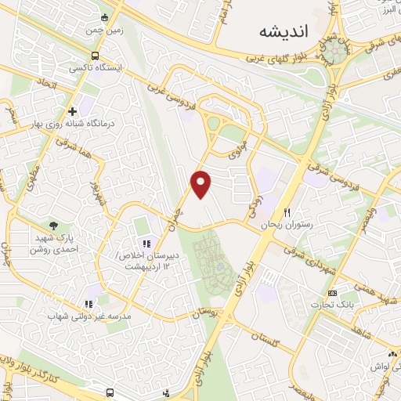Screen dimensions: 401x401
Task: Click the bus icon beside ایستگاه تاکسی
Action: pos(95,56)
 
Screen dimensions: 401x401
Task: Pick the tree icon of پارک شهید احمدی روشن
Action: pos(53,226)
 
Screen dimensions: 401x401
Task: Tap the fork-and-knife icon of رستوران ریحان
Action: pos(288,212)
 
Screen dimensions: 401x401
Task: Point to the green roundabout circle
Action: pos(338,52)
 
